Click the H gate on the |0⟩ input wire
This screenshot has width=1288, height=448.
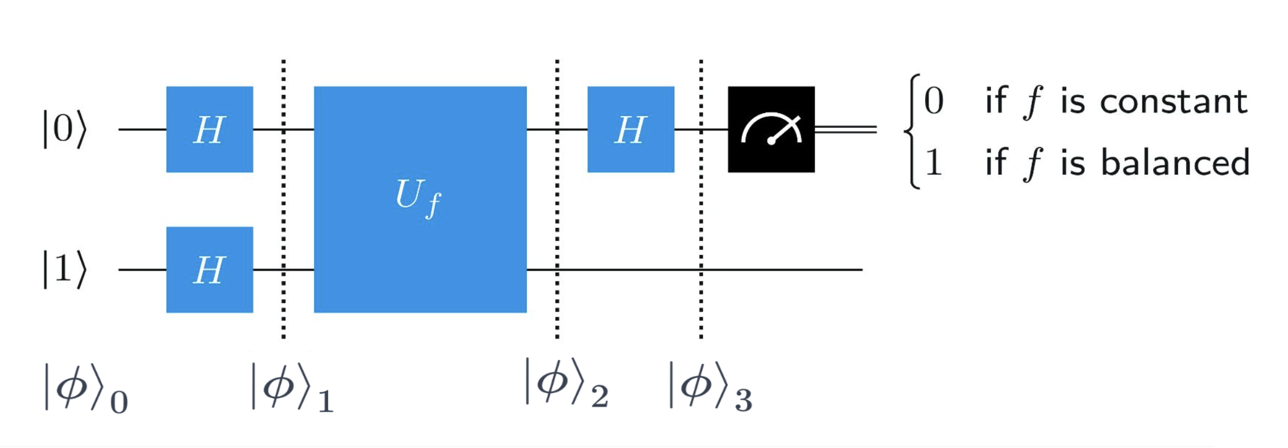[209, 129]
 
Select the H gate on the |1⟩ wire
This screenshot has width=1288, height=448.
[209, 269]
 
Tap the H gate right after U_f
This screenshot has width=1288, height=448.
[630, 129]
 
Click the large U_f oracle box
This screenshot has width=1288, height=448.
[420, 199]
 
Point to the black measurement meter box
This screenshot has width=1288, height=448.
[771, 129]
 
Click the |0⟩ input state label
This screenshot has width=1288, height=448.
[65, 129]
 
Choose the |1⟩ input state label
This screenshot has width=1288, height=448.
[65, 269]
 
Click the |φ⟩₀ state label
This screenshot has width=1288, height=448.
[85, 389]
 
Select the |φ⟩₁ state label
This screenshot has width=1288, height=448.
[292, 389]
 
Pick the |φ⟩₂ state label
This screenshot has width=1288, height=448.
[566, 384]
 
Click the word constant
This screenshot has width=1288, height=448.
[1173, 102]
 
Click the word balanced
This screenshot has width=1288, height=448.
[1175, 163]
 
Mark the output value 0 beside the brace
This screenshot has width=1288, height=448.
[934, 102]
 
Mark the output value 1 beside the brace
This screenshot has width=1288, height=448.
[934, 163]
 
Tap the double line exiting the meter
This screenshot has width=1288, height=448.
[846, 130]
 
